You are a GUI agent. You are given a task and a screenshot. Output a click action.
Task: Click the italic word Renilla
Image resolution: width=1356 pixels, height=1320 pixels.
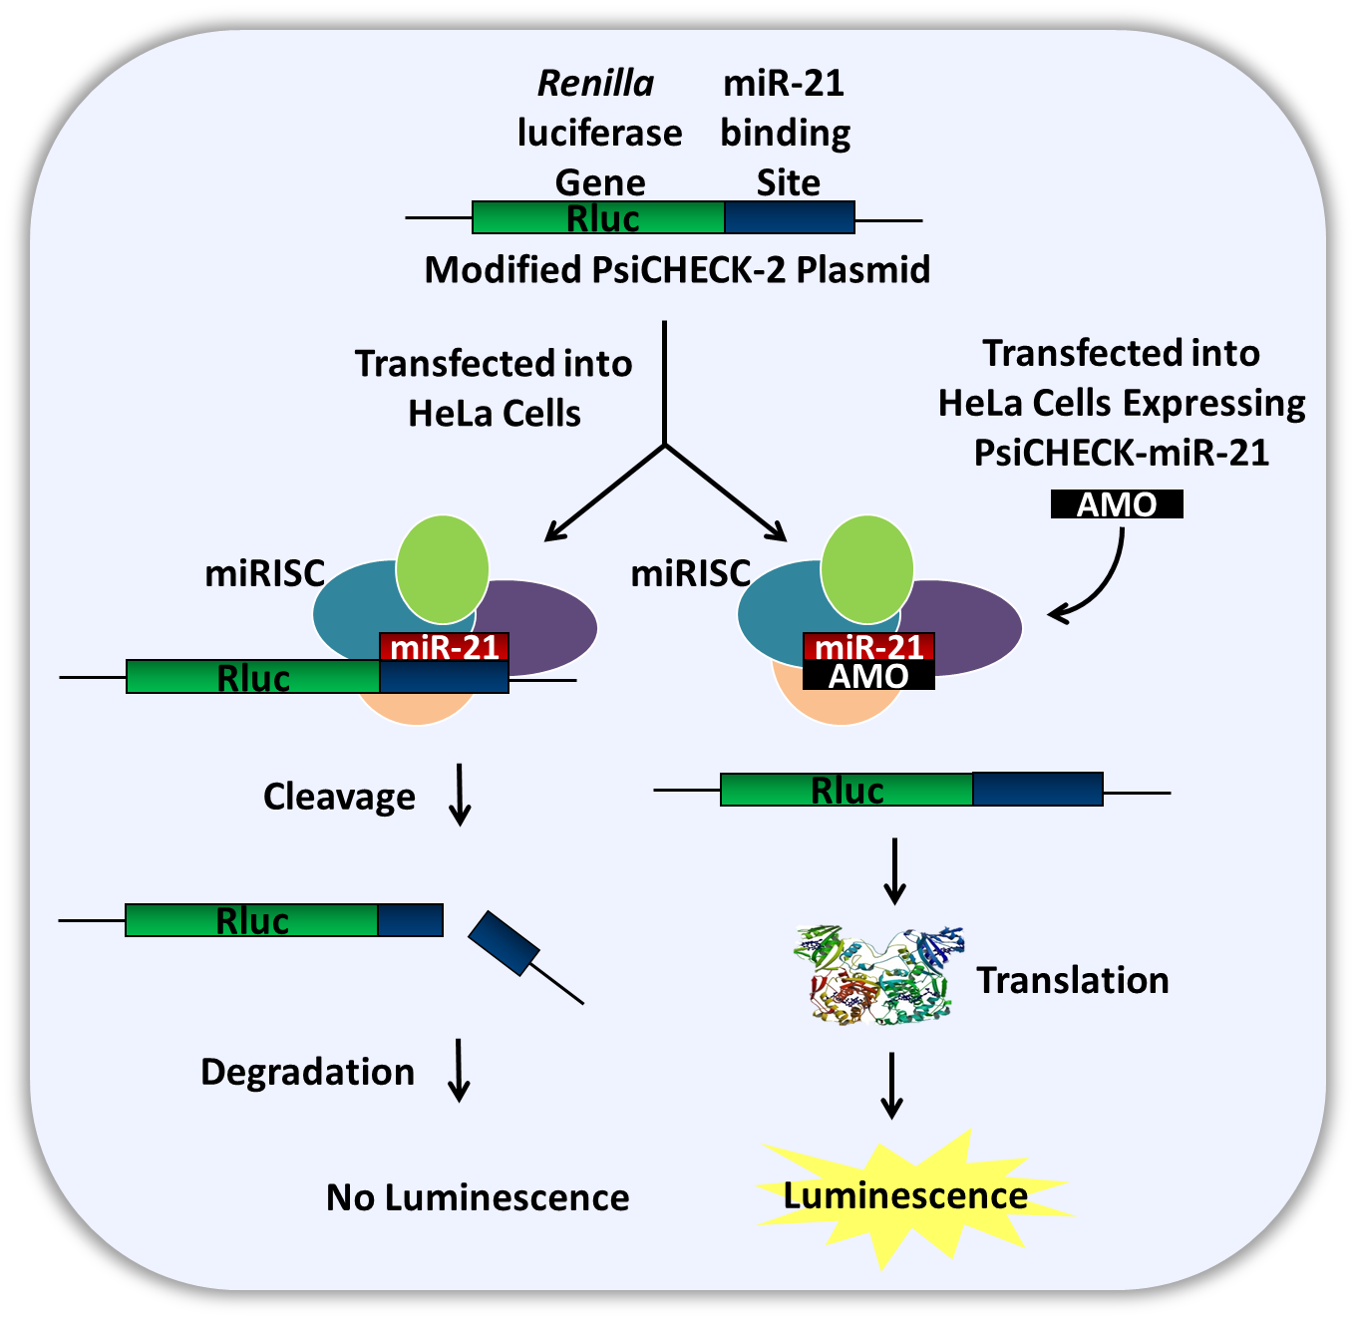click(x=595, y=84)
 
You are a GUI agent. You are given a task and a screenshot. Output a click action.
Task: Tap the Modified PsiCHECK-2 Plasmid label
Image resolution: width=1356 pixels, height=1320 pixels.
click(x=677, y=270)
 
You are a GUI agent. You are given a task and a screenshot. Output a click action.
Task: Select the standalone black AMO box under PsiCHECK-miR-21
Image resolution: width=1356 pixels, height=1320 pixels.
click(x=1117, y=504)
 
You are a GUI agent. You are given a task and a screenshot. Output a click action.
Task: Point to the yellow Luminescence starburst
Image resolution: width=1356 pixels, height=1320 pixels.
click(x=905, y=1196)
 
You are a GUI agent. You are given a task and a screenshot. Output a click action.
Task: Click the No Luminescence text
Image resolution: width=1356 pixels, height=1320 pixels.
click(x=478, y=1197)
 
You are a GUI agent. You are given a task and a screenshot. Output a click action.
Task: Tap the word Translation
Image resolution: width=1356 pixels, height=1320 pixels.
click(x=1072, y=981)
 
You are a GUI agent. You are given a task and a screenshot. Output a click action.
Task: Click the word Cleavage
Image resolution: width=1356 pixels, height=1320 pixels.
click(x=339, y=798)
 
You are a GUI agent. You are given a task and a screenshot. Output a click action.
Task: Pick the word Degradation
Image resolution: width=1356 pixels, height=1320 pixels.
click(x=307, y=1073)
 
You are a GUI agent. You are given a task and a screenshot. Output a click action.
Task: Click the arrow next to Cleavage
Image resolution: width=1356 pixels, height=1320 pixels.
click(x=460, y=796)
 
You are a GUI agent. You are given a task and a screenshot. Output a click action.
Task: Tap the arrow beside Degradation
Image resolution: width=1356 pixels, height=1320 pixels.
click(x=459, y=1071)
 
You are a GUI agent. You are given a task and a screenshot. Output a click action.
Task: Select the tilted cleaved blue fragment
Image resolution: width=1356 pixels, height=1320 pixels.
click(x=505, y=943)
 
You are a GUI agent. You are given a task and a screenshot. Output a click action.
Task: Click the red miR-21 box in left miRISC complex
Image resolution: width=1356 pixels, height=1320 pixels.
click(x=444, y=647)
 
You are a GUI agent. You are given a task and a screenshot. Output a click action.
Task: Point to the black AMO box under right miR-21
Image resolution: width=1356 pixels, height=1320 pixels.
click(x=868, y=677)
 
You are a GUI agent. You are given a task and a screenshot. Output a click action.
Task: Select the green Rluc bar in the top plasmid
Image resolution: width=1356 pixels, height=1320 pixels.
click(x=598, y=217)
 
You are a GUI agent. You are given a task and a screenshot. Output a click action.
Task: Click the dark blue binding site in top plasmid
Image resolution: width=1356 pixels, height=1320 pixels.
click(x=789, y=217)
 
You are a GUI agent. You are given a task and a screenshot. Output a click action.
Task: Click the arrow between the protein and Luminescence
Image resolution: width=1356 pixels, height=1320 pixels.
click(x=892, y=1086)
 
